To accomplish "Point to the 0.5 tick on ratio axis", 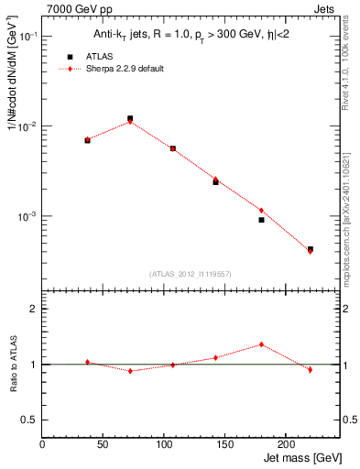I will [x=31, y=420].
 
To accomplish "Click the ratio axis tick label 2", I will [x=34, y=310].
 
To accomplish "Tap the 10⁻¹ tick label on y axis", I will [x=28, y=36].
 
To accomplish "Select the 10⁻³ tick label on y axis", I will [x=28, y=216].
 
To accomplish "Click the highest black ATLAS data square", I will [x=130, y=118].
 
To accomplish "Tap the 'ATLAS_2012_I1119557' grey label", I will [x=191, y=274].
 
